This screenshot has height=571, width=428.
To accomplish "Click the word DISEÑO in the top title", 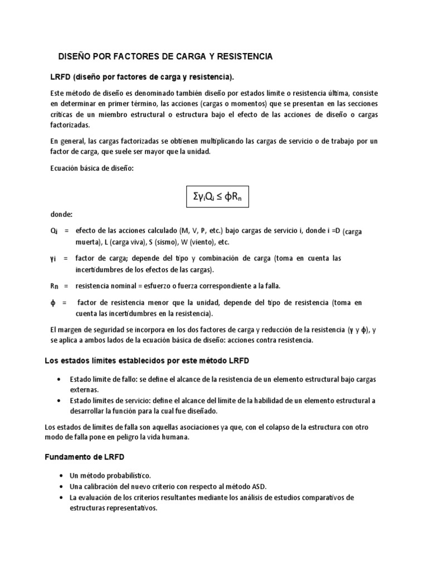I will pyautogui.click(x=76, y=57).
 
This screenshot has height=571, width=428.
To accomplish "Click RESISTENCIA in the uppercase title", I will pyautogui.click(x=244, y=57).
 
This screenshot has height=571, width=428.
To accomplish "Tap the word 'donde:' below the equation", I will pyautogui.click(x=61, y=214).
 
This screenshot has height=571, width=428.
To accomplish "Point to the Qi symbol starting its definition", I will pyautogui.click(x=54, y=231).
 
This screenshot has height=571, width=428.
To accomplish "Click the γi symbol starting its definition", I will pyautogui.click(x=53, y=259).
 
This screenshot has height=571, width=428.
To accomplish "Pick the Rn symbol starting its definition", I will pyautogui.click(x=54, y=286).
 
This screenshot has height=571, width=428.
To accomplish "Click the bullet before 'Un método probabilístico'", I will pyautogui.click(x=60, y=475).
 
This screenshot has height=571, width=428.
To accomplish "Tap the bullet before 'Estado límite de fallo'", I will pyautogui.click(x=60, y=379).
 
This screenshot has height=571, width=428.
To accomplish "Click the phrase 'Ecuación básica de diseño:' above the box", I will pyautogui.click(x=92, y=169).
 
